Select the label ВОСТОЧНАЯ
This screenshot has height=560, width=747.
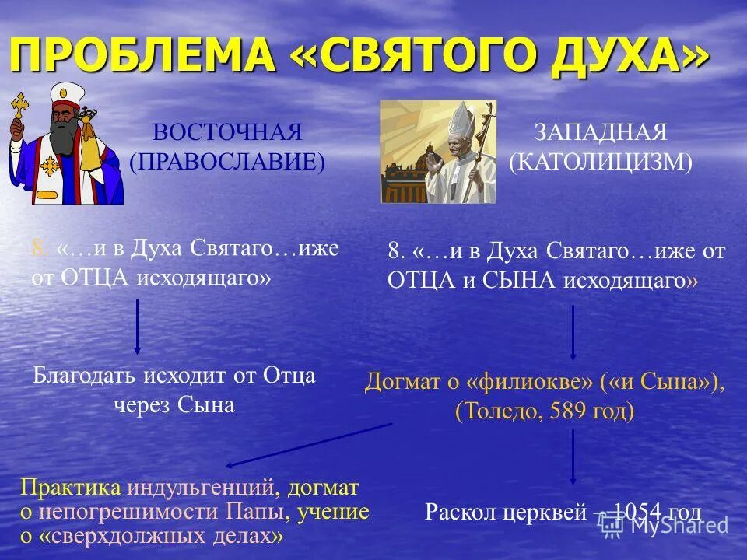(x=227, y=131)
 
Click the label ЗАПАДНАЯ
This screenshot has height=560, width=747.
(x=600, y=131)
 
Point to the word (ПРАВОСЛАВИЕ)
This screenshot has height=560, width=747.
(x=227, y=161)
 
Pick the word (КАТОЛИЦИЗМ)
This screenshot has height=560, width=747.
(x=600, y=161)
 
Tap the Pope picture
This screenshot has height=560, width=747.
(x=437, y=152)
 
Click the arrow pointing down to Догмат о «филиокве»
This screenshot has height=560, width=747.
(x=573, y=333)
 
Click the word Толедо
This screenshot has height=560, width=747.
(x=498, y=411)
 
